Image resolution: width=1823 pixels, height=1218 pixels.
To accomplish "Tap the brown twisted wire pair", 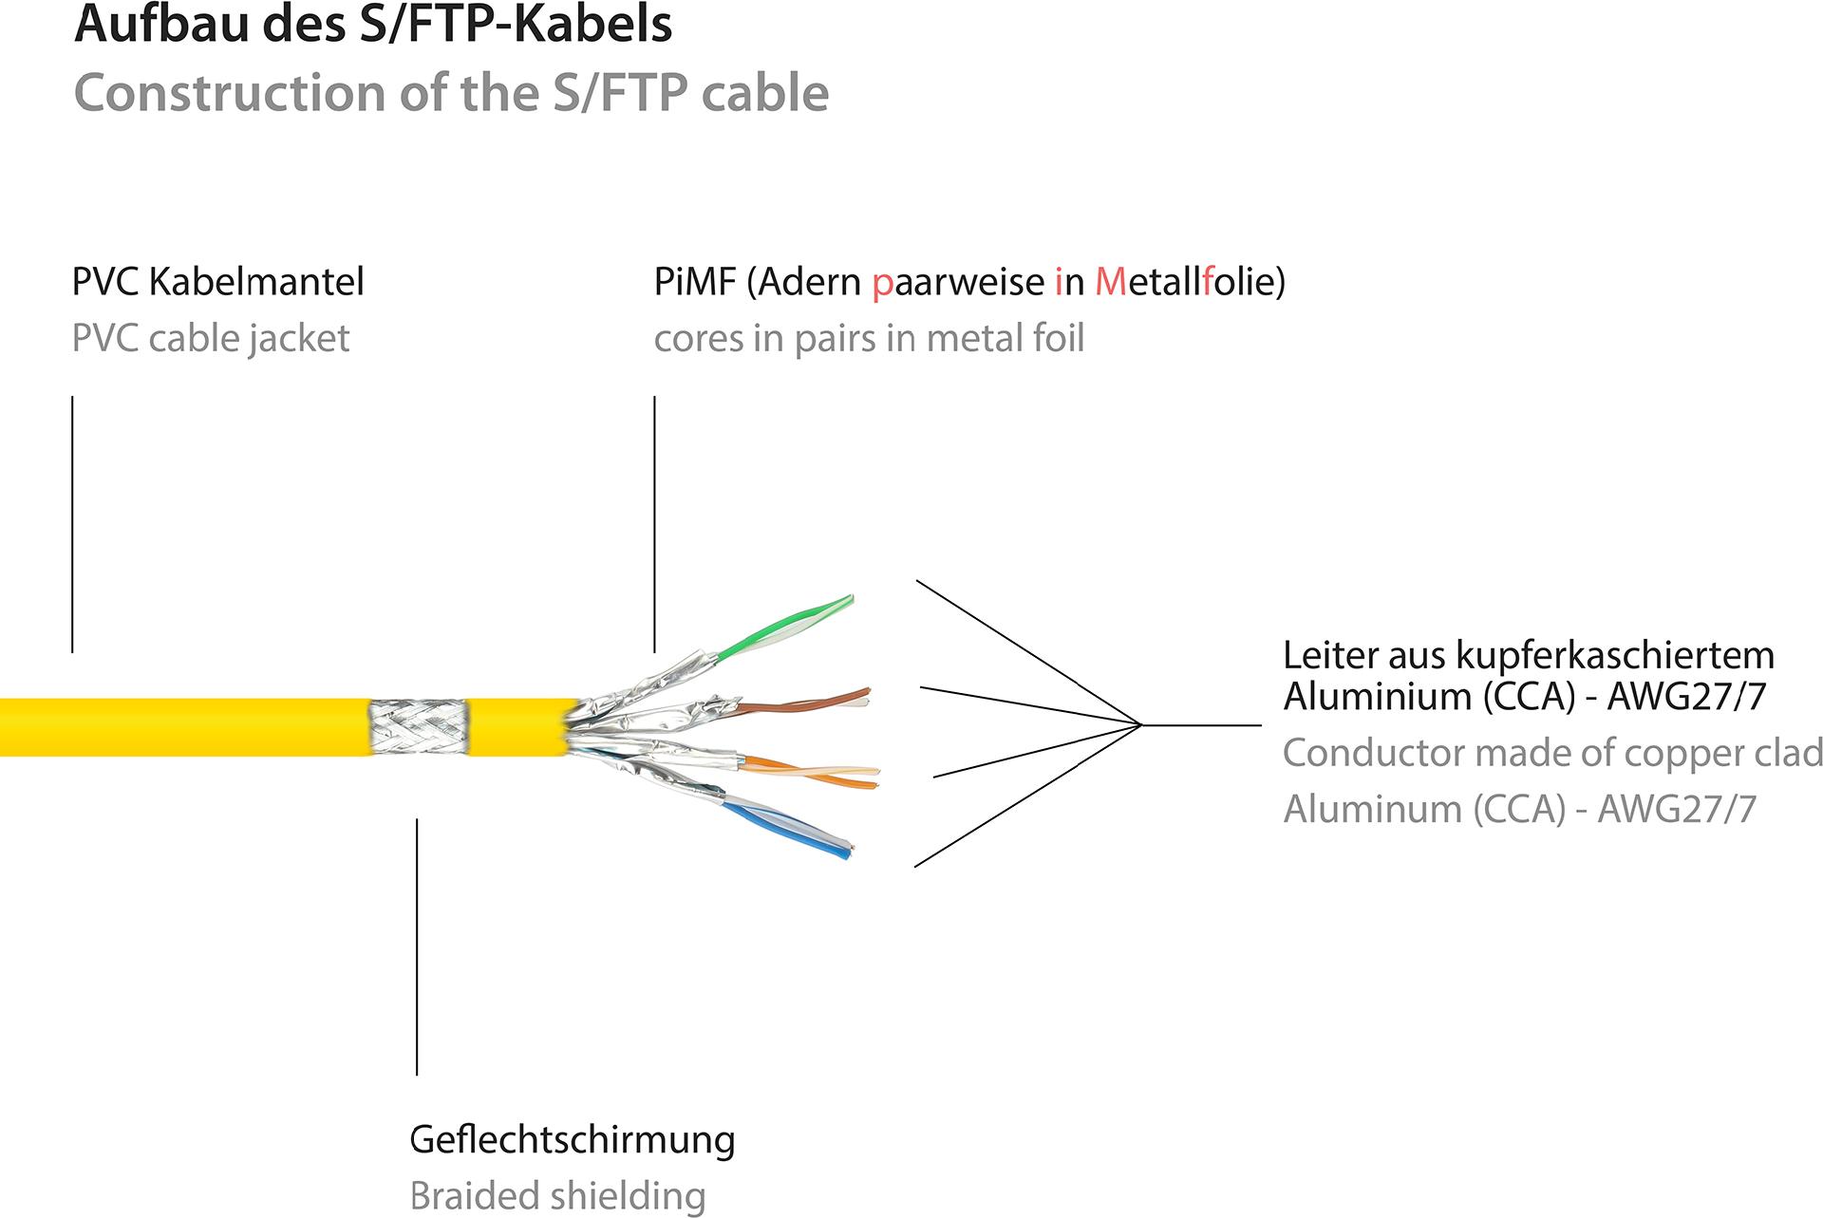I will tap(807, 703).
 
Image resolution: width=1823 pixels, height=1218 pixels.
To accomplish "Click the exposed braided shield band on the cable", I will tap(418, 727).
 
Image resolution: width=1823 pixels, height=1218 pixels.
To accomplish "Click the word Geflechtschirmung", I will tap(572, 1139).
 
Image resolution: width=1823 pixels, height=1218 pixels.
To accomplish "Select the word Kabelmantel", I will tap(256, 282).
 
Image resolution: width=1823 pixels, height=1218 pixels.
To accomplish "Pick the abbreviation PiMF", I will tap(694, 282).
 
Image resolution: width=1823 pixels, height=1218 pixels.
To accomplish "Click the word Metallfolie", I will tap(1190, 282).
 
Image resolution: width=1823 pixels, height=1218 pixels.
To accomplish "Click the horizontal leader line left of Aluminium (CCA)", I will tap(1201, 725).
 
